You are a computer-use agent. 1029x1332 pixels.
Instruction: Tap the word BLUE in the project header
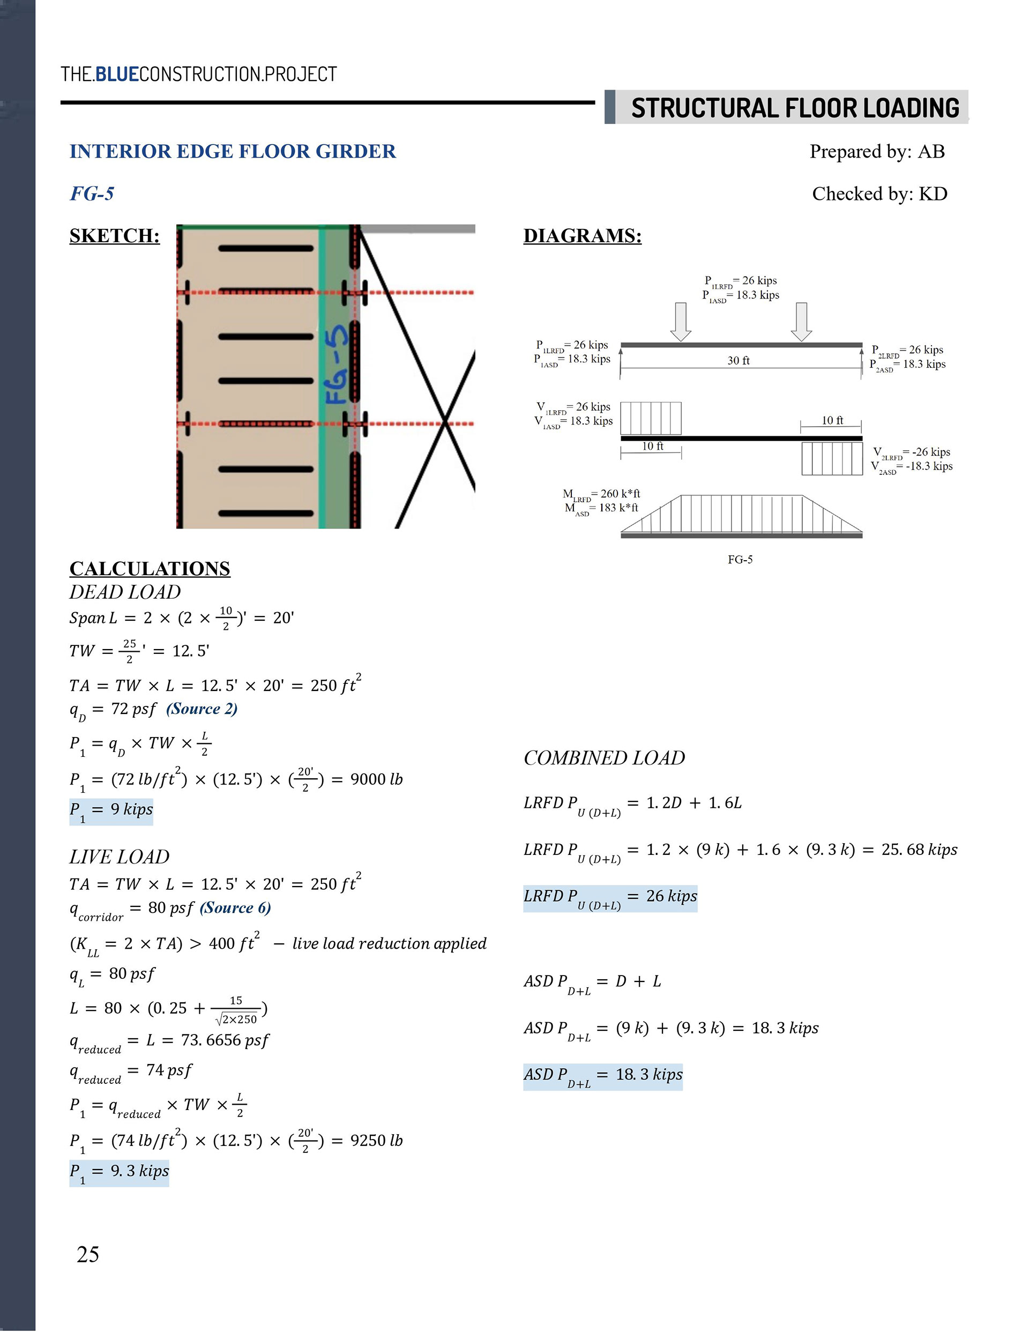[117, 75]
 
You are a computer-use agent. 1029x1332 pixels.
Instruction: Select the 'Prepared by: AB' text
[876, 151]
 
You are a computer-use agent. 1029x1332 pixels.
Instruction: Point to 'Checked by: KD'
[879, 194]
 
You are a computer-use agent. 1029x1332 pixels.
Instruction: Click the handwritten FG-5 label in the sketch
[337, 364]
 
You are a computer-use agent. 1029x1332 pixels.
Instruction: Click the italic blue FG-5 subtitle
[92, 194]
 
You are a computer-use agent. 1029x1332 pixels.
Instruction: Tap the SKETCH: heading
[115, 235]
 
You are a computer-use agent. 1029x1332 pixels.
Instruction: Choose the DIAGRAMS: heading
[582, 235]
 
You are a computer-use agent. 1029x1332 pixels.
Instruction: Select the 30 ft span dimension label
[738, 360]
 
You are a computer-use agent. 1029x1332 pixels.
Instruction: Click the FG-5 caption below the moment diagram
[740, 559]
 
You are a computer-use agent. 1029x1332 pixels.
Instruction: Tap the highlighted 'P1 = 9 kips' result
[111, 811]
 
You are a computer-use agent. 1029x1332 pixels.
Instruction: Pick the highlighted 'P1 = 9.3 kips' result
[119, 1172]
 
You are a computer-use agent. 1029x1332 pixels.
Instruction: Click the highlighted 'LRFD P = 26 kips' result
[610, 898]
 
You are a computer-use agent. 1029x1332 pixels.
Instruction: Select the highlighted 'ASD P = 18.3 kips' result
[602, 1076]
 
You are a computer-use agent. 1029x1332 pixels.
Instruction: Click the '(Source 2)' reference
[202, 709]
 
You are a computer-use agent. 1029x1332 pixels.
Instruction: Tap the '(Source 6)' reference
[235, 907]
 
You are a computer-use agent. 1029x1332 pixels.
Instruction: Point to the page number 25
[88, 1254]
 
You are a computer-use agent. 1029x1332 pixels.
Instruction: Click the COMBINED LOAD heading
[604, 757]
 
